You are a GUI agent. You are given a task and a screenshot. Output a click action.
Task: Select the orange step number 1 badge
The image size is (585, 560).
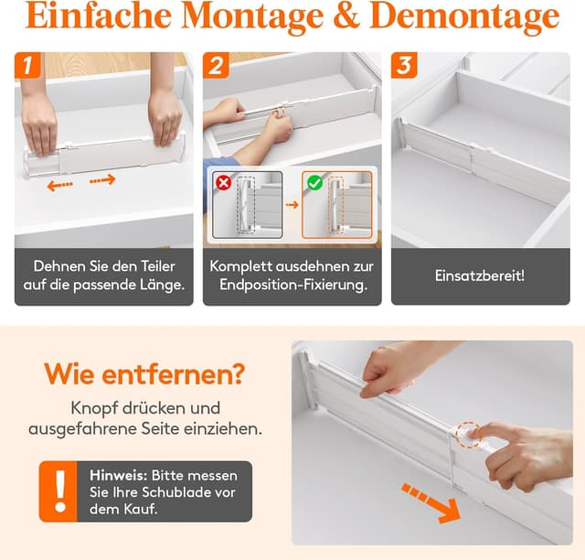pos(29,66)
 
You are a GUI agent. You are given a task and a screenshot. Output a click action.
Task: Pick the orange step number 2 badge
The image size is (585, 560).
pos(217,66)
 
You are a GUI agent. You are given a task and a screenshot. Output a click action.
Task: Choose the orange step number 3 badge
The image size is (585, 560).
pos(405,66)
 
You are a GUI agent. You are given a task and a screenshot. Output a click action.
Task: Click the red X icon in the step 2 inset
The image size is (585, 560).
pos(221,181)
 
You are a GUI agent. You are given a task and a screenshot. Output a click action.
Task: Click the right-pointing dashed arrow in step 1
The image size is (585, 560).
pos(103,180)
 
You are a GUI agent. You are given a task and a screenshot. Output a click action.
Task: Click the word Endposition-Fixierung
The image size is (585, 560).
pos(292,285)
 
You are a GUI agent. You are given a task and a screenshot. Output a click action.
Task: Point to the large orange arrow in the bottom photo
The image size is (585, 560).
pos(431,504)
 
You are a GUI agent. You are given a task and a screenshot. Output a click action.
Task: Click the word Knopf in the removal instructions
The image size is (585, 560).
pos(96,407)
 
